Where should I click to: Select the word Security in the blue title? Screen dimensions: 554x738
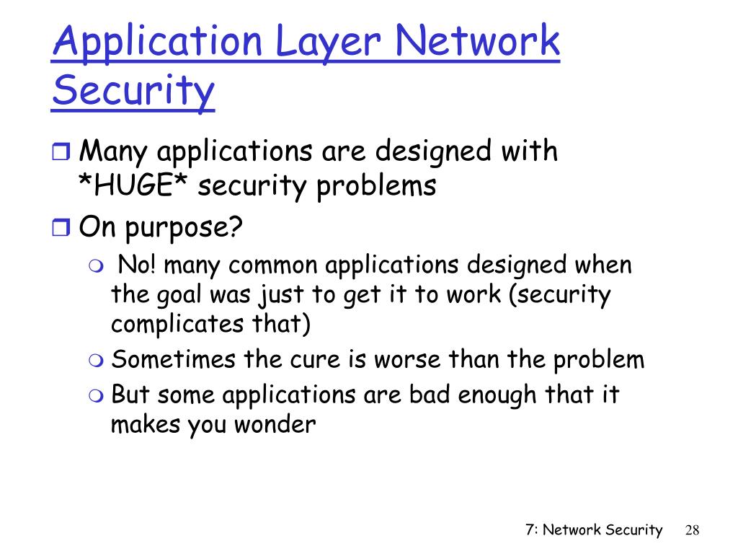point(133,92)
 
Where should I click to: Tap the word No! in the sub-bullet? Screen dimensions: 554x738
point(135,265)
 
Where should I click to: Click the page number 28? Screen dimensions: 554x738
point(693,530)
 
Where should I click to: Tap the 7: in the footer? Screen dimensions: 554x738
point(532,530)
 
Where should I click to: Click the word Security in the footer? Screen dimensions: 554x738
point(633,530)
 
